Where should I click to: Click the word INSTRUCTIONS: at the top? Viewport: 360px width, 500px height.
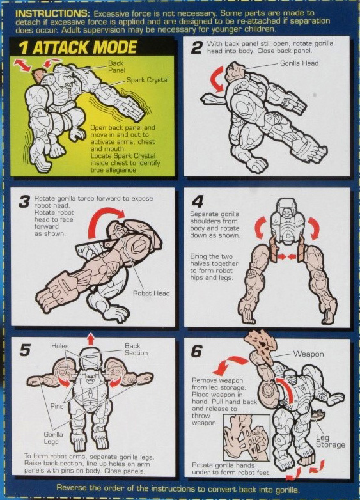coord(52,13)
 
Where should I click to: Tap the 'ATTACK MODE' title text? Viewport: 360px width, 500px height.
coord(85,48)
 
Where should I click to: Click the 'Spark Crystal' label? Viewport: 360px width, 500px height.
coord(147,80)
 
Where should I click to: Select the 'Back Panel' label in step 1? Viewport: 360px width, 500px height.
coord(116,66)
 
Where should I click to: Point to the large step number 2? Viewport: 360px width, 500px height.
coord(197,49)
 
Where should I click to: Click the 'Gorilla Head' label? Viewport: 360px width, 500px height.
coord(299,63)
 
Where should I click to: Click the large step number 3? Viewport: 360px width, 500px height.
coord(24,202)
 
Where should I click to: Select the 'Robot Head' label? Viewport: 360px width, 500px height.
coord(151,293)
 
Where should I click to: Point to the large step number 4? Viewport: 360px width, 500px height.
coord(198,201)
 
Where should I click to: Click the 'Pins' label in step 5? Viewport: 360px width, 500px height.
coord(57,406)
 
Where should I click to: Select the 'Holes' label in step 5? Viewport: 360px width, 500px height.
coord(59,346)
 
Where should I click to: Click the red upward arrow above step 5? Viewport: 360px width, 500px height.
coord(91,339)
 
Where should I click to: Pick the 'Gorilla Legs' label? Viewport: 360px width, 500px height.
coord(53,438)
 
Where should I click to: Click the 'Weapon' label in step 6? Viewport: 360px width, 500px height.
coord(308,354)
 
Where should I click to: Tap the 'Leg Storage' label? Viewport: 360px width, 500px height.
coord(331,441)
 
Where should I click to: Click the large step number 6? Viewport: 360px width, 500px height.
coord(197,352)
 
